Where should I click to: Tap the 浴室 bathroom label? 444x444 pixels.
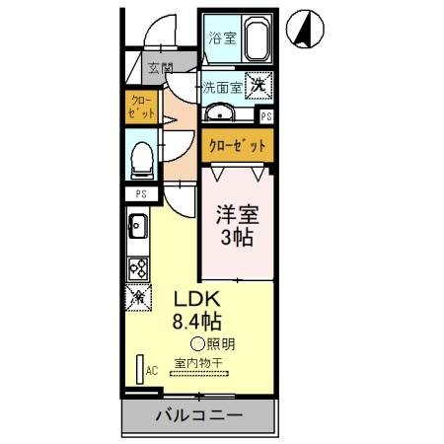[222, 38]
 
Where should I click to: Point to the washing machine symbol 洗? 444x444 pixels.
[259, 86]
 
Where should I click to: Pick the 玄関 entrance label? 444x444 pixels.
[161, 69]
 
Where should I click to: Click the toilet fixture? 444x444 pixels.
[141, 157]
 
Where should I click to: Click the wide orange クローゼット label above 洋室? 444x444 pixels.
[237, 146]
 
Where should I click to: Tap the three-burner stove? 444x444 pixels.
[138, 267]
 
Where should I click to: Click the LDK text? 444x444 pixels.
[197, 299]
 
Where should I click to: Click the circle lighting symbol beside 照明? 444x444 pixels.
[196, 344]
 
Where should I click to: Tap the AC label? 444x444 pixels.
[152, 371]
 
